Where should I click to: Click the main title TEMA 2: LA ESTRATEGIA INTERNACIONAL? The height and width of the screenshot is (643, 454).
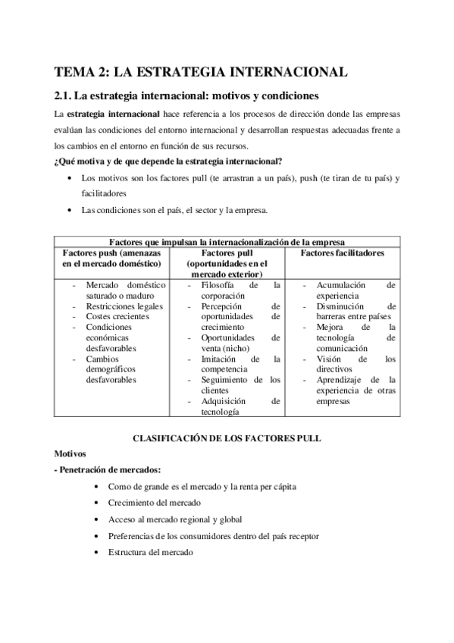(x=201, y=72)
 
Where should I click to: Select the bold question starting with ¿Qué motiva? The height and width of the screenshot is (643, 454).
(x=169, y=161)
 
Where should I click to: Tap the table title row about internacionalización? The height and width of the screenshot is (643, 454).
(x=227, y=242)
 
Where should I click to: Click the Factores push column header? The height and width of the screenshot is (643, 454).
(x=111, y=258)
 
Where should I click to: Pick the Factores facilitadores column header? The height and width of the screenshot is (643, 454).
(x=343, y=252)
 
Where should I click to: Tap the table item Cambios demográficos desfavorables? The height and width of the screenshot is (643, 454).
(x=121, y=369)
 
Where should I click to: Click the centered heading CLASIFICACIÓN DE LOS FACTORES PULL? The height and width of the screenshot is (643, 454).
(x=227, y=438)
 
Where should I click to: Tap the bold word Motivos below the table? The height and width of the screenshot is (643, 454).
(x=71, y=453)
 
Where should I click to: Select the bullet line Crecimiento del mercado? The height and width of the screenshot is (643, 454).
(x=155, y=503)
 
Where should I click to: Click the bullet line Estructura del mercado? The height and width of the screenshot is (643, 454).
(x=151, y=552)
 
